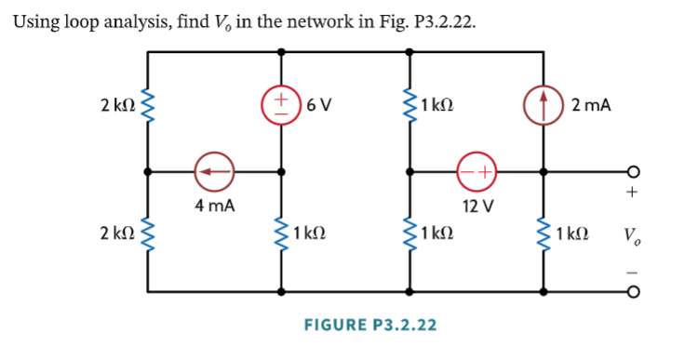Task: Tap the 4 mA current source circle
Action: [x=214, y=172]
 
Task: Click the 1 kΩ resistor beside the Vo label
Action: [x=543, y=233]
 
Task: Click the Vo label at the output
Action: [x=631, y=233]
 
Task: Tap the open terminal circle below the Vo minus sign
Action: [x=632, y=291]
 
